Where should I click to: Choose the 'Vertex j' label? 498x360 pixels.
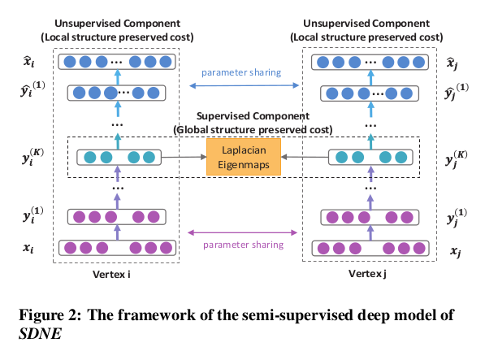pos(366,275)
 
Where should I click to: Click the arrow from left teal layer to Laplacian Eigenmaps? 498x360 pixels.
pos(185,156)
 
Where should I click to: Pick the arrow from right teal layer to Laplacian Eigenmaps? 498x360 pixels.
pos(302,156)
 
